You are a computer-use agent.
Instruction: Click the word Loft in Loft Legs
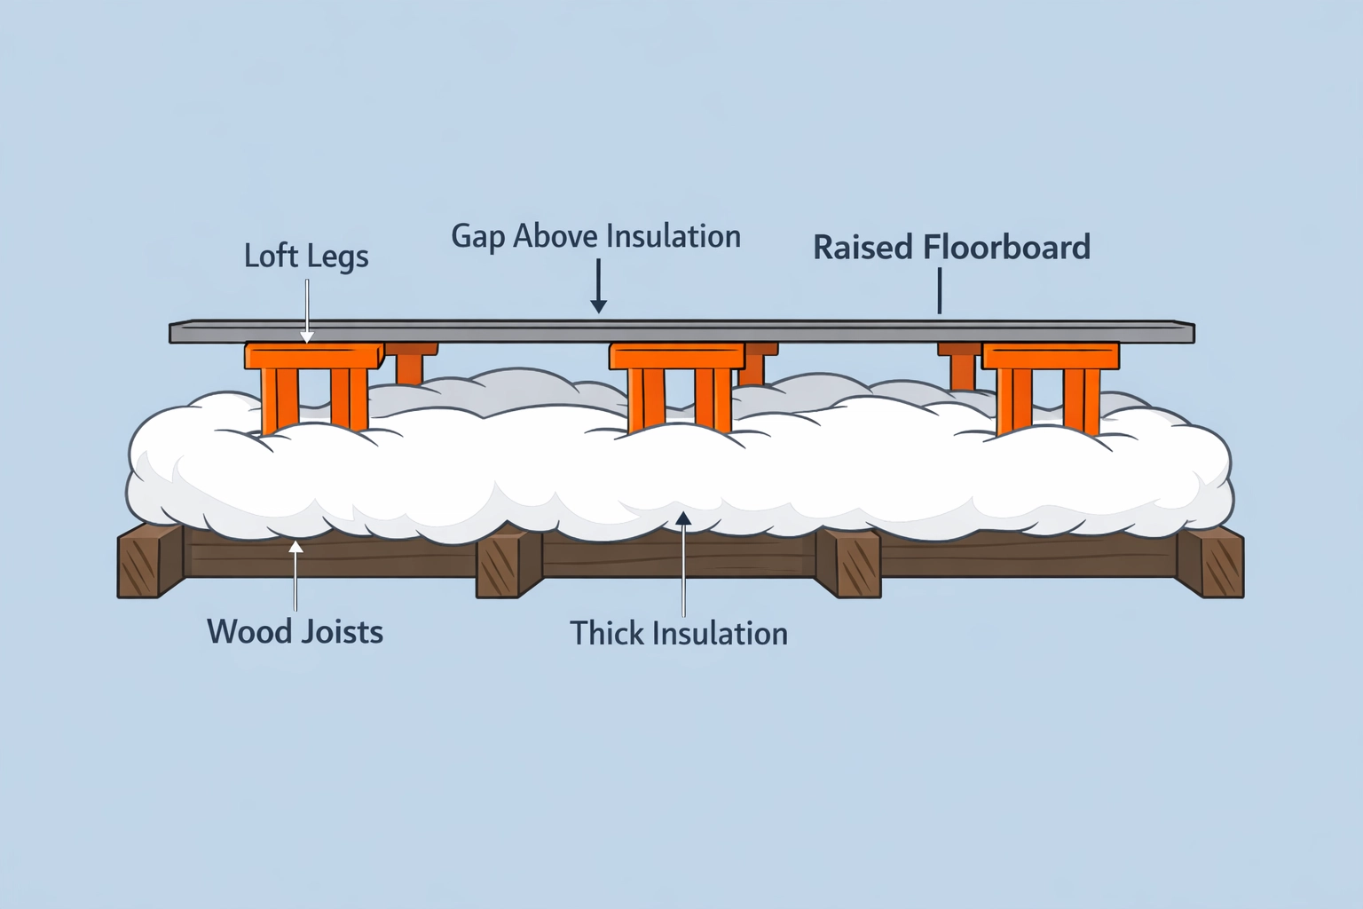271,256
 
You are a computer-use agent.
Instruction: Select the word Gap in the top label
479,237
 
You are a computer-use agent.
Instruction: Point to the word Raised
863,248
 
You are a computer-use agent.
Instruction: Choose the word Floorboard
1007,248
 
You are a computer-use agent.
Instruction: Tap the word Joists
341,632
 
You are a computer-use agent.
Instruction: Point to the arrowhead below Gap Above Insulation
599,305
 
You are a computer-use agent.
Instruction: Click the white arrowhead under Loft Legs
306,336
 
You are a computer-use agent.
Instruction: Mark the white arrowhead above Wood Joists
295,546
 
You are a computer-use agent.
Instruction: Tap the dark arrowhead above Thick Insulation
683,518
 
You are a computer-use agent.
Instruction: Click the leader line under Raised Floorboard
939,291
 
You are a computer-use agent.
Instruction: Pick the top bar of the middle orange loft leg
676,357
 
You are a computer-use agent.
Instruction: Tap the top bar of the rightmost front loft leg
1050,357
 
